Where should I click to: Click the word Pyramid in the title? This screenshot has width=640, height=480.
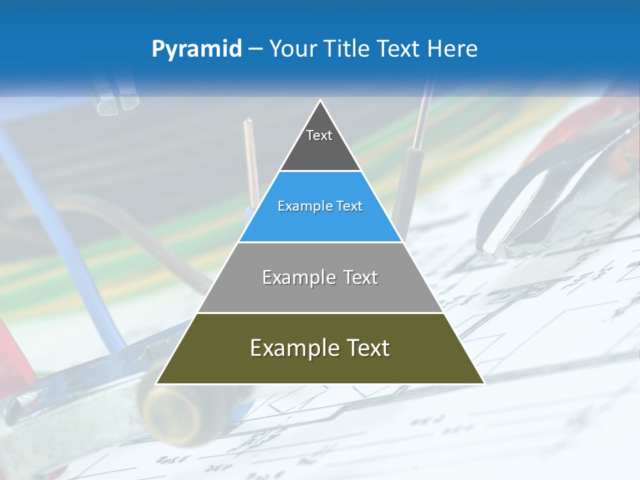197,49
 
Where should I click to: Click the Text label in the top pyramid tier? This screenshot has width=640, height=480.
319,135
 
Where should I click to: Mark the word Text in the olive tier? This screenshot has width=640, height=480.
366,348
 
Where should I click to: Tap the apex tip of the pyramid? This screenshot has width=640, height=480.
321,102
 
